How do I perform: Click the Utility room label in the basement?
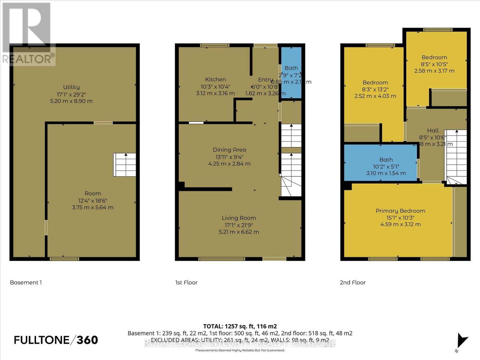coord(71,87)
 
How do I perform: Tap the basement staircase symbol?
coord(125,165)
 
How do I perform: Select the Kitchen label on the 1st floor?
coord(215,79)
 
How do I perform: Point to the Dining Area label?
coord(229,150)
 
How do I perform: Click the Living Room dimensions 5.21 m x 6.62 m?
coord(239,232)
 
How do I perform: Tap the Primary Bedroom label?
coord(400,211)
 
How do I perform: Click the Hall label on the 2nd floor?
coord(433,130)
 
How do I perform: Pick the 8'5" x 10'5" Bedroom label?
coord(434,57)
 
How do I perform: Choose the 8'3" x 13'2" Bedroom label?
coord(375,82)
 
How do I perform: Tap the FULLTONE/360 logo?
coord(56,340)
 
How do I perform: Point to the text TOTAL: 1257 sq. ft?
coord(240,326)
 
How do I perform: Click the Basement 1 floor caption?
coord(26,283)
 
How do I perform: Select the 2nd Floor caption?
coord(352,283)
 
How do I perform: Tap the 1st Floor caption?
coord(186,283)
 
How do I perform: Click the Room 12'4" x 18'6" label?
coord(93,193)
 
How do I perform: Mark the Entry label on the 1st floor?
coord(265,79)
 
